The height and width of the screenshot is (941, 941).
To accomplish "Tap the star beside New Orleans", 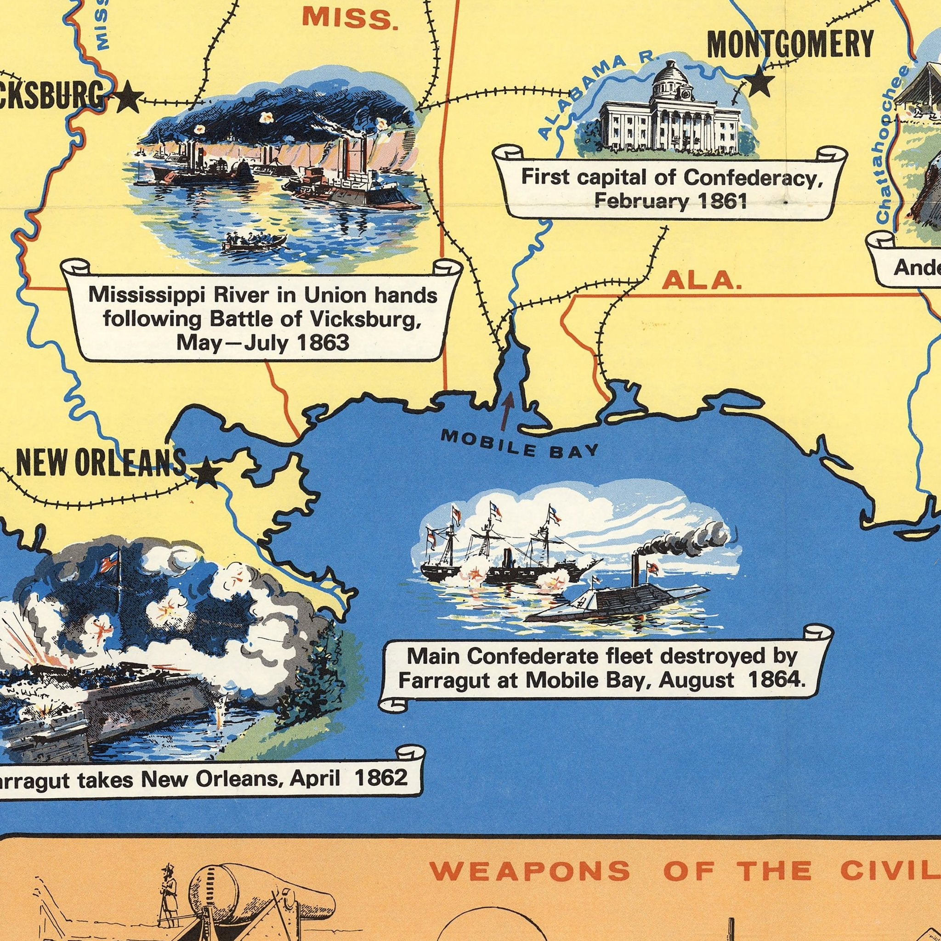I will coord(206,471).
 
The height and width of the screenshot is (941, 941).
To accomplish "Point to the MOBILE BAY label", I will coord(519,444).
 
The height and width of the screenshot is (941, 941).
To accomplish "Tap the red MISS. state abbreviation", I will coord(350,18).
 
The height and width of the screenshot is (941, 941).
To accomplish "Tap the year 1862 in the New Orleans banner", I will coord(381,778).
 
